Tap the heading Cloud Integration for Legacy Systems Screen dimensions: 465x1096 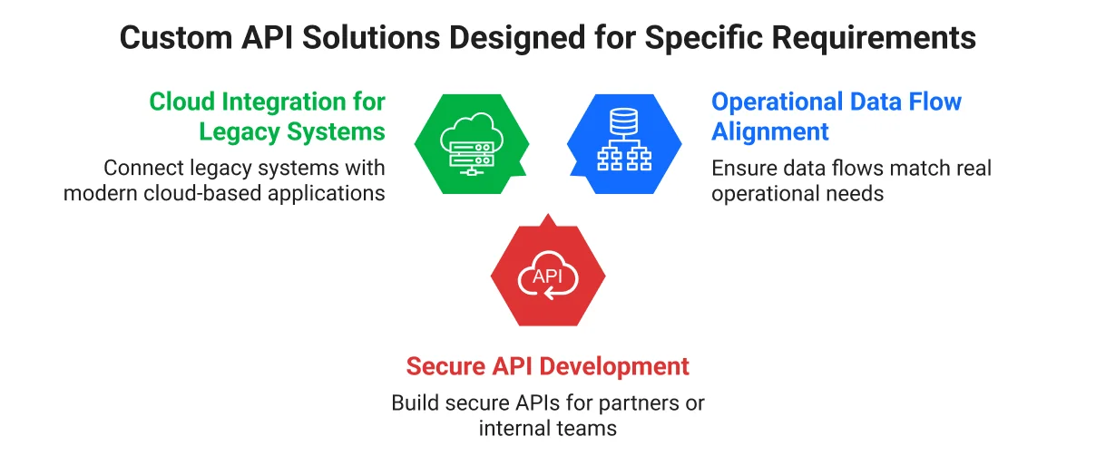click(268, 116)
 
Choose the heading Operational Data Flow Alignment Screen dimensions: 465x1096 click(836, 116)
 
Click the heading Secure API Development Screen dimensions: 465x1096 click(548, 366)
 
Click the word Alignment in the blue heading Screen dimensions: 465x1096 click(770, 131)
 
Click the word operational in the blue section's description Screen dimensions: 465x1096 click(766, 192)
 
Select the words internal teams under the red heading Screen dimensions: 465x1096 click(548, 428)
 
